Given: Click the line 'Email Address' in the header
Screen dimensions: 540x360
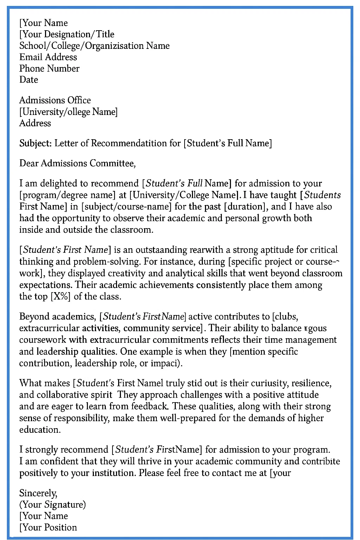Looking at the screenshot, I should [48, 57].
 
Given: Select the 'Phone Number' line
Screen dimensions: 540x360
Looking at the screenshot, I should [49, 68].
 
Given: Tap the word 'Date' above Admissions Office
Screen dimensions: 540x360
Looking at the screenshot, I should [28, 79].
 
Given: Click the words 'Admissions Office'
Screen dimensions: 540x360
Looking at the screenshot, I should [55, 100].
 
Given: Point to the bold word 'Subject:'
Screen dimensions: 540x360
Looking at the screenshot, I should [36, 143].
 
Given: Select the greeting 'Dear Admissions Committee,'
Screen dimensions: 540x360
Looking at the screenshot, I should [77, 163].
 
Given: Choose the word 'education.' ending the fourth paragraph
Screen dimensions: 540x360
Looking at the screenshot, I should [40, 430].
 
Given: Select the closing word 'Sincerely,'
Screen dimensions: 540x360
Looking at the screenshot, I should [38, 493].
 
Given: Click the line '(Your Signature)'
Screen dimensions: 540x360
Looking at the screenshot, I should [52, 504].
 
